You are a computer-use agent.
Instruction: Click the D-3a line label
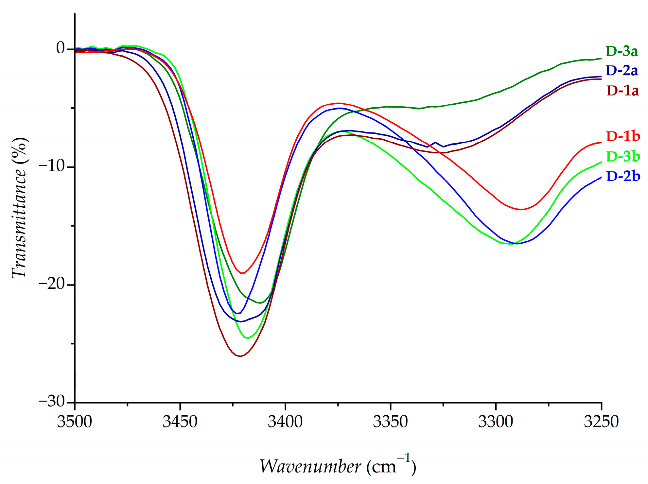pos(622,51)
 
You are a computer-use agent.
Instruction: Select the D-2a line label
pos(622,71)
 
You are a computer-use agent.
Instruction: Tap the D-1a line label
pos(622,91)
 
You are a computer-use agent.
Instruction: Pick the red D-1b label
pos(623,136)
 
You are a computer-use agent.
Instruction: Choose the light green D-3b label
pos(623,157)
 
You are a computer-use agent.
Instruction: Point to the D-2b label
pos(623,176)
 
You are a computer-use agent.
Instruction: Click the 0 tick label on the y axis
pos(61,48)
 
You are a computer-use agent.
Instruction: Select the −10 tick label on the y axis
pos(52,166)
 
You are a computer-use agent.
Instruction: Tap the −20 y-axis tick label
pos(52,284)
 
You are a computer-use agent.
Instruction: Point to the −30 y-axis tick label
pos(52,401)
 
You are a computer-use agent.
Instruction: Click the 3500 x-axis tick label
pos(75,422)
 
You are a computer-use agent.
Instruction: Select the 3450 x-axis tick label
pos(180,422)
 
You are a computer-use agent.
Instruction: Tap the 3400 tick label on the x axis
pos(285,422)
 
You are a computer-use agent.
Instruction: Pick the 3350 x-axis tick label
pos(391,422)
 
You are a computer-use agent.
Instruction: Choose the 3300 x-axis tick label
pos(496,422)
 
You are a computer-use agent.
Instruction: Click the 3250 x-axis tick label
pos(601,422)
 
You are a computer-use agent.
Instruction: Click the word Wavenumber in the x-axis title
pos(310,466)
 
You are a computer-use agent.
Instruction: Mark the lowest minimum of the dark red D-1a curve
pos(240,356)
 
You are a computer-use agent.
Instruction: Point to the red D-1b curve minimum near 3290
pos(520,209)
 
